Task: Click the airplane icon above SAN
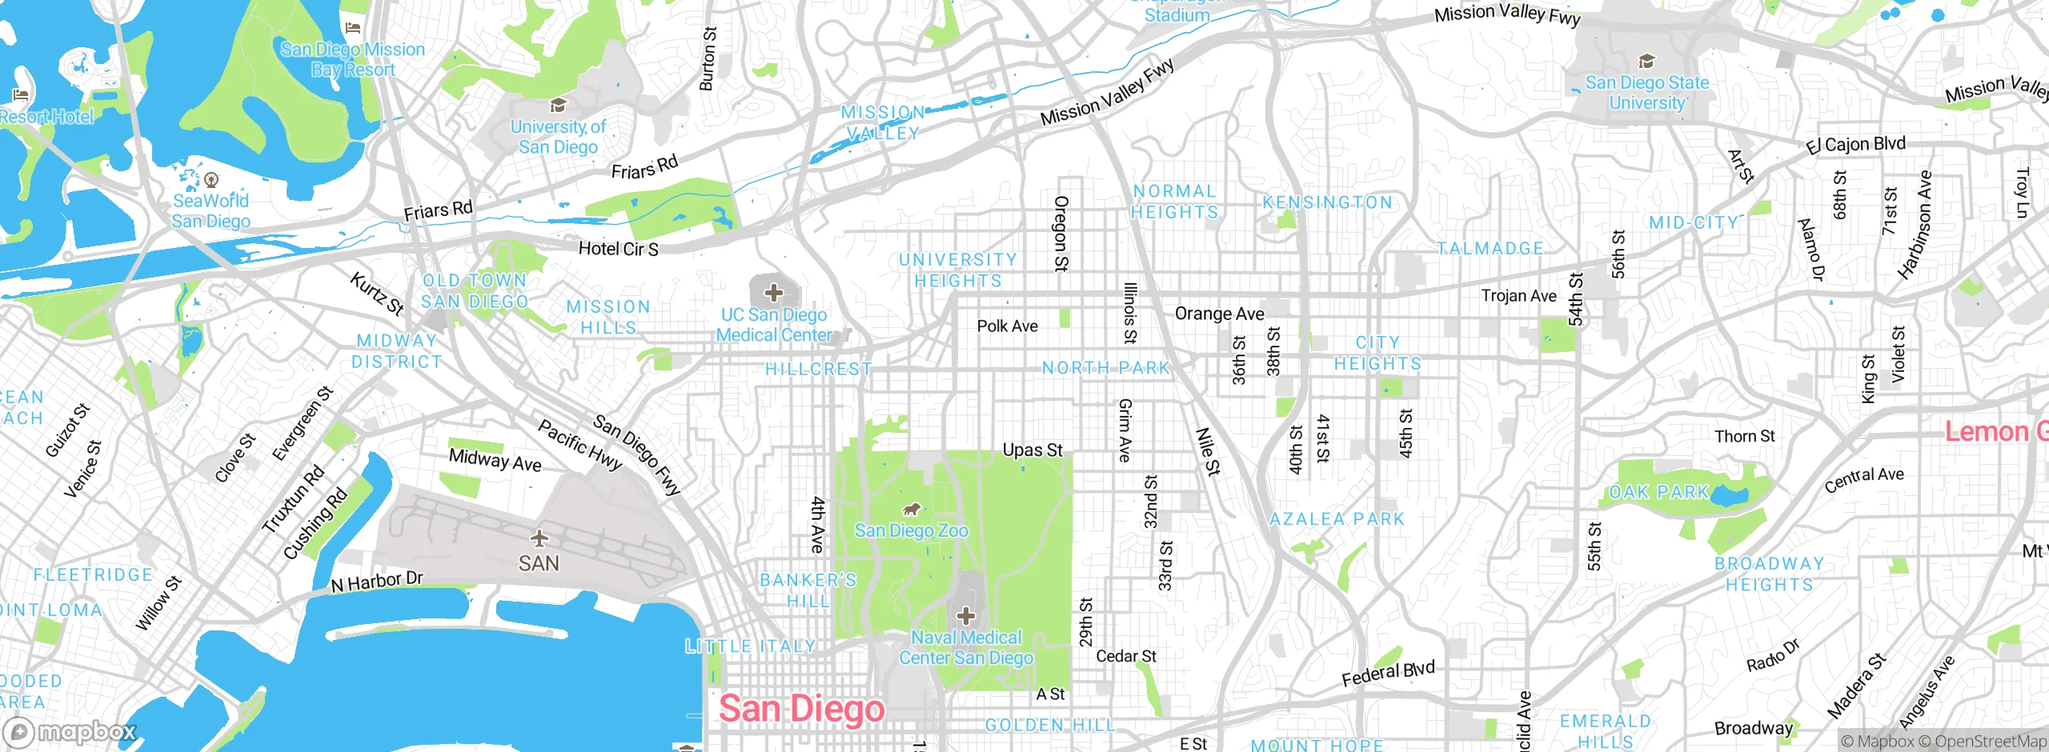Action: click(x=539, y=537)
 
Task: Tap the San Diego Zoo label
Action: click(x=911, y=530)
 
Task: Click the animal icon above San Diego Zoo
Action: click(x=911, y=509)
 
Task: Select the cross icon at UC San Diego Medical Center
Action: click(x=773, y=293)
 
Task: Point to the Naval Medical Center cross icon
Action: click(x=966, y=616)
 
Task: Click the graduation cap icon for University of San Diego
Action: click(x=558, y=106)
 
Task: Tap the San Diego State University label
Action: click(x=1646, y=93)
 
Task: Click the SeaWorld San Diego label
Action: click(x=211, y=211)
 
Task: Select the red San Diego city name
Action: click(x=801, y=709)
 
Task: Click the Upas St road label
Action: click(x=1033, y=450)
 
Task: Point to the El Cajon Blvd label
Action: click(x=1855, y=145)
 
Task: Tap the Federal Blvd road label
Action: click(x=1388, y=674)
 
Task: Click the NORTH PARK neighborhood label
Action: click(x=1105, y=368)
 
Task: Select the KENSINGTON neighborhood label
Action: click(x=1327, y=202)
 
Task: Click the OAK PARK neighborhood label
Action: click(x=1658, y=492)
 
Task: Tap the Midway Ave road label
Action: click(x=495, y=460)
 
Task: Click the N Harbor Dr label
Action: click(x=377, y=582)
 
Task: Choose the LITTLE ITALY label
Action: click(x=750, y=646)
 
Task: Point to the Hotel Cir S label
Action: click(x=618, y=249)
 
